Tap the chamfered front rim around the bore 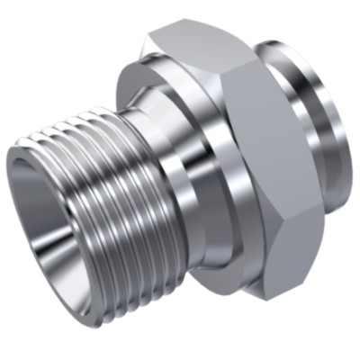coord(26,180)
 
